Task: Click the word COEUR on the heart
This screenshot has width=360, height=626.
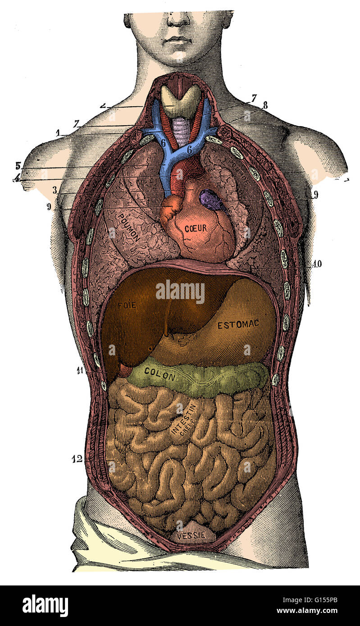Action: (195, 228)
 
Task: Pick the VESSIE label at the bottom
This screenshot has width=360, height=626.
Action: (191, 535)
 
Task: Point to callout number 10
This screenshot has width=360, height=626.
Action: (317, 264)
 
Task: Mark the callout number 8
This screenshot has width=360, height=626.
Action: (265, 105)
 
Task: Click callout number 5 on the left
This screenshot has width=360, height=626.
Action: (18, 165)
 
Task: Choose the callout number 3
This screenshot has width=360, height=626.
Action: (55, 191)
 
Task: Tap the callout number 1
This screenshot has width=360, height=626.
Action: (58, 133)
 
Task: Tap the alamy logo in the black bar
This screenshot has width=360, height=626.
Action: (45, 606)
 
